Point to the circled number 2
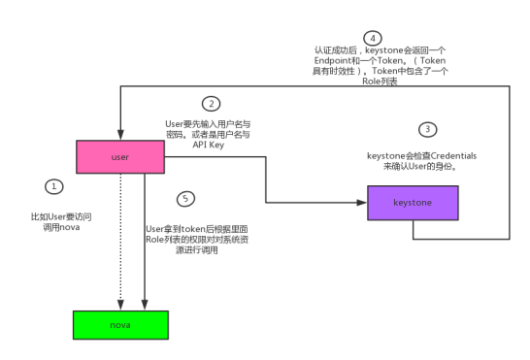click(x=209, y=103)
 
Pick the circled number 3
click(x=426, y=129)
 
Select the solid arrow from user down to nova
click(x=144, y=243)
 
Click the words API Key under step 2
click(x=208, y=146)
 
